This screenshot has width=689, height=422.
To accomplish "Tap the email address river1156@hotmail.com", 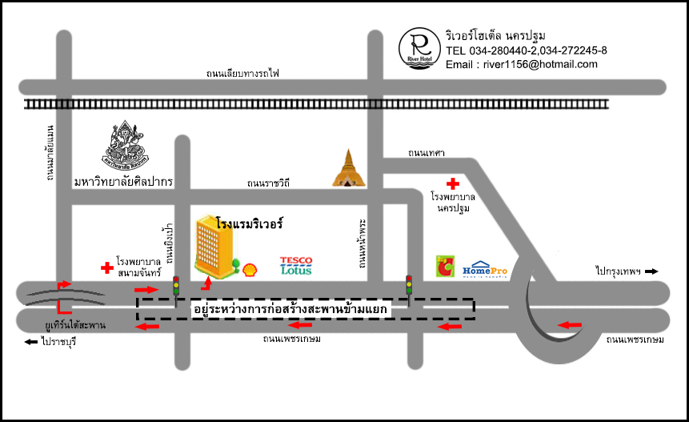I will (521, 64).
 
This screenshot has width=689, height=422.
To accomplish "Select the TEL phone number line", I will (526, 50).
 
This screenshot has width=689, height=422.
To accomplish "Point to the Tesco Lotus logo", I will (295, 266).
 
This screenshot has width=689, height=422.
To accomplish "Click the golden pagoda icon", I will (347, 168).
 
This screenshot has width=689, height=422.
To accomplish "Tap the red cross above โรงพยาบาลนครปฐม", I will (454, 183).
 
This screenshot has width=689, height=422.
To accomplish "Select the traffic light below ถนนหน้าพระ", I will (409, 283).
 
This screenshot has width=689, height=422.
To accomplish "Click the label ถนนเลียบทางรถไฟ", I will (242, 74).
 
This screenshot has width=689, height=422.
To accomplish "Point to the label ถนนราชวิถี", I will (268, 183).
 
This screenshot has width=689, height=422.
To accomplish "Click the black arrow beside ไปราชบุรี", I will (31, 342).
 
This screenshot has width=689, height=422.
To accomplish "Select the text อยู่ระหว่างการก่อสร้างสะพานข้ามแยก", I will (290, 308).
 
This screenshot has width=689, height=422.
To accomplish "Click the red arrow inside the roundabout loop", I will (569, 324).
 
